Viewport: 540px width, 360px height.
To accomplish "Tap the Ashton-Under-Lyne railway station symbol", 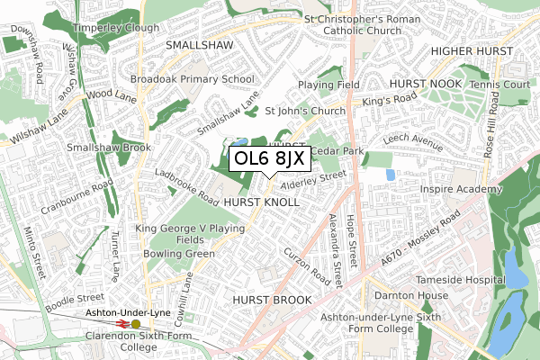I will (136, 324).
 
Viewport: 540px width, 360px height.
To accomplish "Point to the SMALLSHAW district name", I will (199, 43).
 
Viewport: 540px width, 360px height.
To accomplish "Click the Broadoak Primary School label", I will (193, 79).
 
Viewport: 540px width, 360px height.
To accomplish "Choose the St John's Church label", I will (305, 112).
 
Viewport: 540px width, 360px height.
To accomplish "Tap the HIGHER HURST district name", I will (476, 50).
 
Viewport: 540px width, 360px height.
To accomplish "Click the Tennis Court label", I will (506, 85).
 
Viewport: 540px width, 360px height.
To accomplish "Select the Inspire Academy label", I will (460, 190).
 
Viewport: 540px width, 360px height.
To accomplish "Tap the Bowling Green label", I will (179, 254).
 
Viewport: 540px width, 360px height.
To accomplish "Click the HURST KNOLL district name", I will (262, 203).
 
